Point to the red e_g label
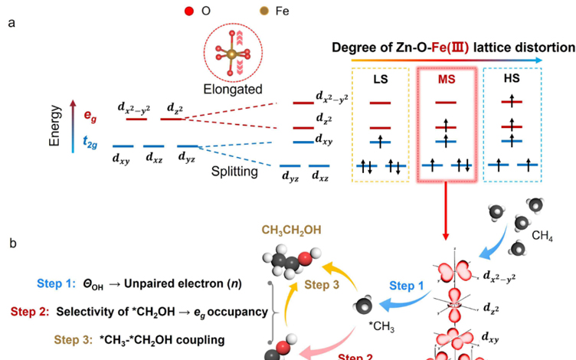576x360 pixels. (90, 117)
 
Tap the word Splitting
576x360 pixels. (235, 172)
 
